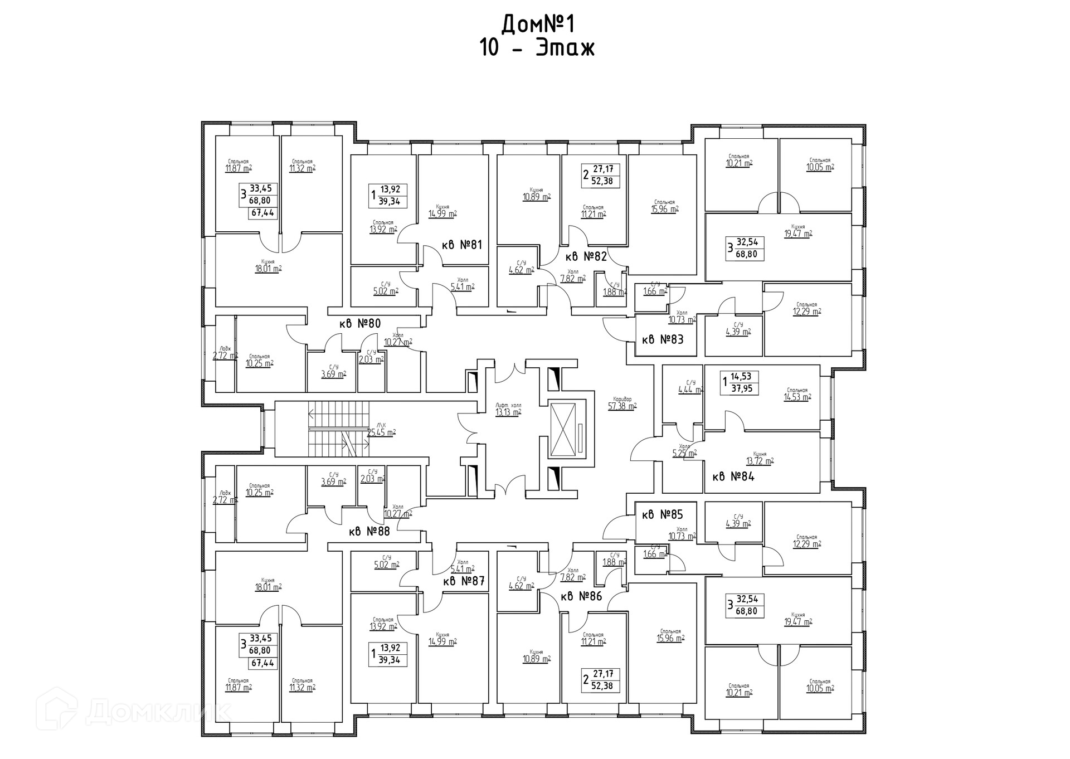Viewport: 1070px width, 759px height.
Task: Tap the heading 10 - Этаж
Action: click(x=537, y=48)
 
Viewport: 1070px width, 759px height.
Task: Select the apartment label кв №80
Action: click(x=360, y=323)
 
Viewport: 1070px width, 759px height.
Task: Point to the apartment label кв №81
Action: click(x=461, y=245)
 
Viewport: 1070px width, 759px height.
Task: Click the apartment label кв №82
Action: click(x=586, y=256)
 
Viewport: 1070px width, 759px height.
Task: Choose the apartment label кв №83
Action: click(x=662, y=339)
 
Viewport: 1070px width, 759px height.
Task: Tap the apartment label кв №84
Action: click(x=733, y=476)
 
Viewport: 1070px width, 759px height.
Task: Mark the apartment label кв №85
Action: click(x=662, y=514)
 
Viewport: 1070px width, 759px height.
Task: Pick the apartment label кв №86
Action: click(x=581, y=596)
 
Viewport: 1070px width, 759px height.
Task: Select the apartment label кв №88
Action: click(x=369, y=531)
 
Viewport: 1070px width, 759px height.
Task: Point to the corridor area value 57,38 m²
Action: click(x=622, y=406)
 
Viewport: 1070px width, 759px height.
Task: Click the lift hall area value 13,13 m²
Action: click(x=508, y=412)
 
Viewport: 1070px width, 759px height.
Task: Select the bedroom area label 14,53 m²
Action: click(x=797, y=397)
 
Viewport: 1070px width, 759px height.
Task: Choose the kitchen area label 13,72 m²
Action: click(x=760, y=461)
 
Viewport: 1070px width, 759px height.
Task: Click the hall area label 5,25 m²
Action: click(x=684, y=453)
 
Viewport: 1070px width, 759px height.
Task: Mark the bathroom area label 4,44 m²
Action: click(x=690, y=390)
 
